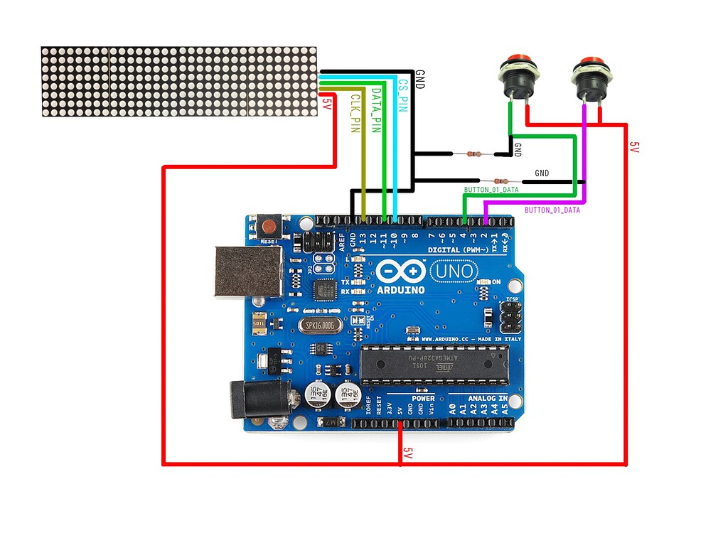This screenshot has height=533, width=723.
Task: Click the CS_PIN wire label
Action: (x=403, y=97)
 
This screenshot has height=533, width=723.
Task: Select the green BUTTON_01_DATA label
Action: (x=491, y=190)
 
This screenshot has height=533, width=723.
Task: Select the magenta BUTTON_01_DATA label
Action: (x=552, y=210)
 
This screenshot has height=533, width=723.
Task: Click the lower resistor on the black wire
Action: (x=500, y=181)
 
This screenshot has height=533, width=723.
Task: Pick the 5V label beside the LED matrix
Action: (x=326, y=104)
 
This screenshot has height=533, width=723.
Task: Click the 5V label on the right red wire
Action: (x=635, y=147)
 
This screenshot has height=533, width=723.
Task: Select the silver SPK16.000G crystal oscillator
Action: (x=321, y=324)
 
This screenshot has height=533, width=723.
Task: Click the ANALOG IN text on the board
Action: (x=487, y=399)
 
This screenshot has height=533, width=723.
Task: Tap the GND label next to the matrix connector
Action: (x=419, y=79)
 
